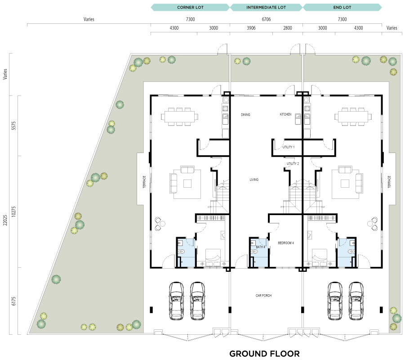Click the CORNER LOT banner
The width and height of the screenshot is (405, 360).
190,7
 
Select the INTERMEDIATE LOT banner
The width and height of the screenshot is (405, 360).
266,7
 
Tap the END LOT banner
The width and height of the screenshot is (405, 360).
342,7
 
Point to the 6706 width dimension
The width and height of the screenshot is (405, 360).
266,19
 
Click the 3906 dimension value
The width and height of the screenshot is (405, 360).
251,28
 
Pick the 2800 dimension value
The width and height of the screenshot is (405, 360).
288,28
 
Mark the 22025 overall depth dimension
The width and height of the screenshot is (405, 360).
5,220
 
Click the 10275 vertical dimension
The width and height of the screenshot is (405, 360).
13,211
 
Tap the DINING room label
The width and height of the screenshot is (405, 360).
245,115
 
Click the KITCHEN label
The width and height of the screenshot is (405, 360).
285,114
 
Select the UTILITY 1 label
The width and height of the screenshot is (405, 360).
289,147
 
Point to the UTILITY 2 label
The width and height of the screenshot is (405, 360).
293,164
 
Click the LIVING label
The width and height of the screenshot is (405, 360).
254,180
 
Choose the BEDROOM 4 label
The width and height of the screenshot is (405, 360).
286,243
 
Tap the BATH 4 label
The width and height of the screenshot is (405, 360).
260,247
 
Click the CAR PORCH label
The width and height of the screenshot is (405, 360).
263,296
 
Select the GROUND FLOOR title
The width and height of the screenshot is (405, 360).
264,354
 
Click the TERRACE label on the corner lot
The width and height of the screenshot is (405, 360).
144,182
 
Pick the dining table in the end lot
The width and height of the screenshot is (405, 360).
353,117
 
